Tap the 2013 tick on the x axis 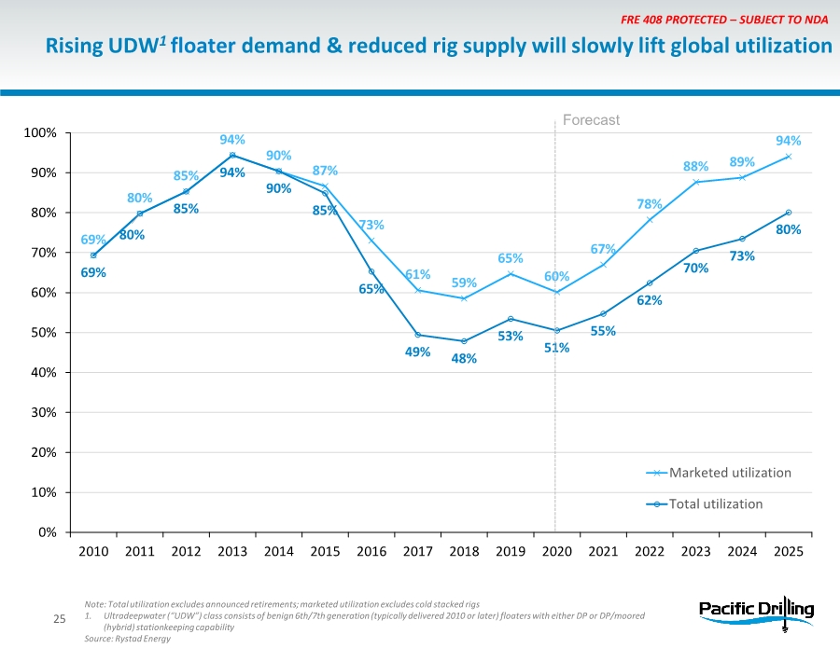(x=232, y=551)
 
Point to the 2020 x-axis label (x=556, y=551)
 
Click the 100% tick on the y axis (x=40, y=133)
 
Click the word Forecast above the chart (x=591, y=120)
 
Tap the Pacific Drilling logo (x=756, y=611)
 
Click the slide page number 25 (x=59, y=619)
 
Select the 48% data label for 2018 (x=464, y=358)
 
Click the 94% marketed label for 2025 (x=789, y=141)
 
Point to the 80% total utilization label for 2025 (x=789, y=228)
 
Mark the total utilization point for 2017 (x=417, y=335)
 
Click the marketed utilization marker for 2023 (x=696, y=182)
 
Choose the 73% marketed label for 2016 (x=371, y=225)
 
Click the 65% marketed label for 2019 (x=510, y=258)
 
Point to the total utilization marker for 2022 (x=650, y=283)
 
